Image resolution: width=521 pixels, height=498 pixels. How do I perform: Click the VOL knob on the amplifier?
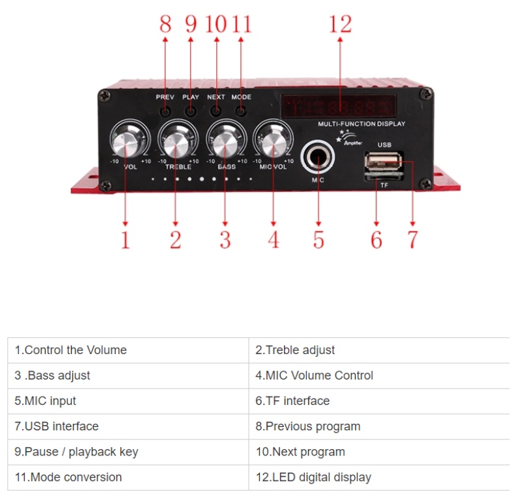coord(126,140)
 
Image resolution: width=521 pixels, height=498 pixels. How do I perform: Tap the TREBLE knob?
coord(176,140)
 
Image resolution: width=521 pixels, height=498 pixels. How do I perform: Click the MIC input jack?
coord(318,158)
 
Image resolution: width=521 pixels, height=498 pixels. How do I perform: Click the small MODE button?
coord(241,111)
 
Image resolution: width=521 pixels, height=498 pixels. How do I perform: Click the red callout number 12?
coord(340,24)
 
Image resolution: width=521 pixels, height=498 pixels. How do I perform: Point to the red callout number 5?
coord(318,240)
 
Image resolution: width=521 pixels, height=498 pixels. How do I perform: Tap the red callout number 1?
coord(125,240)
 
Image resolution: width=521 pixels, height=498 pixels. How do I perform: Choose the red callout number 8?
coord(165,24)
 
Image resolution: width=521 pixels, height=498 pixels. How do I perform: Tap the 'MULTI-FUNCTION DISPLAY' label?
coord(361,124)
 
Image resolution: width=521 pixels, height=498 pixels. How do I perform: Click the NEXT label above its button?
coord(216,97)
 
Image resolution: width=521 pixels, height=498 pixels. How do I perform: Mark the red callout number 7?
coord(412,240)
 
